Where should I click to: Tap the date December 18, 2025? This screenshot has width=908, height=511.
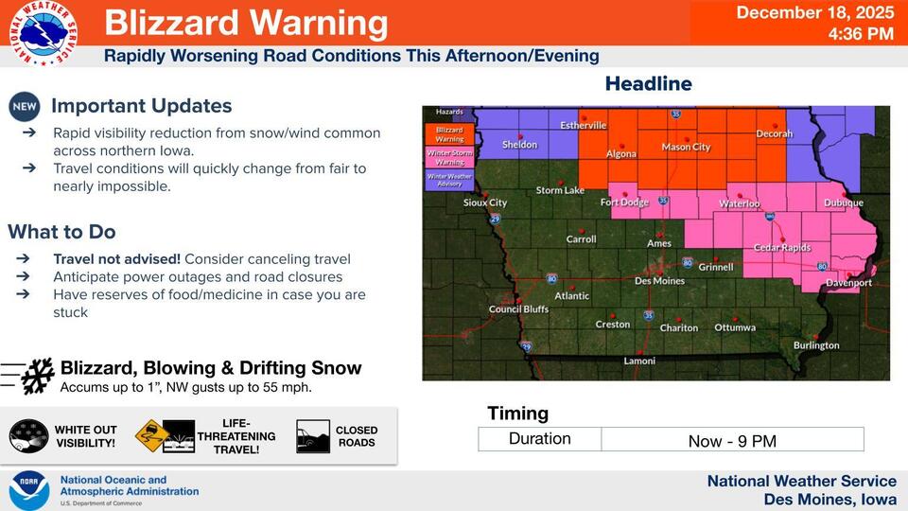pyautogui.click(x=814, y=12)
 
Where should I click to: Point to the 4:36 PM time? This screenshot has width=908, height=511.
pyautogui.click(x=860, y=34)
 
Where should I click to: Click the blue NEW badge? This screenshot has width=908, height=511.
pyautogui.click(x=24, y=106)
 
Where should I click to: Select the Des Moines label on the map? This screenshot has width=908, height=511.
pyautogui.click(x=659, y=281)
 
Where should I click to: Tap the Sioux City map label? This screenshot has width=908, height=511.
pyautogui.click(x=484, y=203)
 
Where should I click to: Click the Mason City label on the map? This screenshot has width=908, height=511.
pyautogui.click(x=686, y=147)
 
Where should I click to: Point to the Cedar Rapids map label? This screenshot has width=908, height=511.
pyautogui.click(x=784, y=248)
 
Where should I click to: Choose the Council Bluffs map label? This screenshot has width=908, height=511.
pyautogui.click(x=518, y=309)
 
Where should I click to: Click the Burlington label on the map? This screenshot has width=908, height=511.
pyautogui.click(x=815, y=345)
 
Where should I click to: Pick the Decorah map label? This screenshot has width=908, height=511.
pyautogui.click(x=774, y=134)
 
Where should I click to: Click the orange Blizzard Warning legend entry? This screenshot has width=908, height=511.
pyautogui.click(x=449, y=133)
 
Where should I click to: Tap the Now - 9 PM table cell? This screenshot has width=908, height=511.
pyautogui.click(x=732, y=439)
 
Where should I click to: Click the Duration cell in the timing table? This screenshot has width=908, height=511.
pyautogui.click(x=539, y=439)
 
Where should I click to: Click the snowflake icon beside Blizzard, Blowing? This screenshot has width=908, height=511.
pyautogui.click(x=38, y=376)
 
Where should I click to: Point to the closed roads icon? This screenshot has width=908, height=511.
pyautogui.click(x=313, y=436)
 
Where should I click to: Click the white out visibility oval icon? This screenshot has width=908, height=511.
pyautogui.click(x=28, y=436)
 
